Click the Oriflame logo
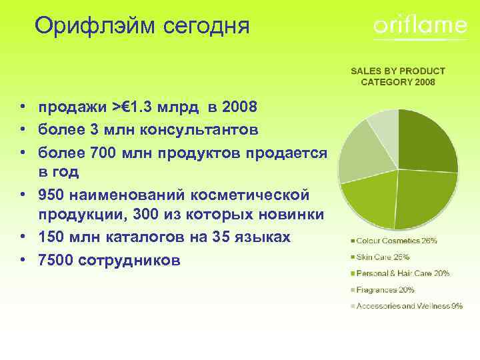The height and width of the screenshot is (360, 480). (420, 26)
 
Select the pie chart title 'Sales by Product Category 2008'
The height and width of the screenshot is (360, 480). (397, 76)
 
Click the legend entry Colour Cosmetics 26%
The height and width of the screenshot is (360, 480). (397, 240)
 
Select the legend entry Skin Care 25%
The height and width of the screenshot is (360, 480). (383, 257)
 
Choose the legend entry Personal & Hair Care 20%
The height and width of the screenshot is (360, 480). (403, 273)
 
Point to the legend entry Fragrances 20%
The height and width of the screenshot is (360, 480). (385, 290)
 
